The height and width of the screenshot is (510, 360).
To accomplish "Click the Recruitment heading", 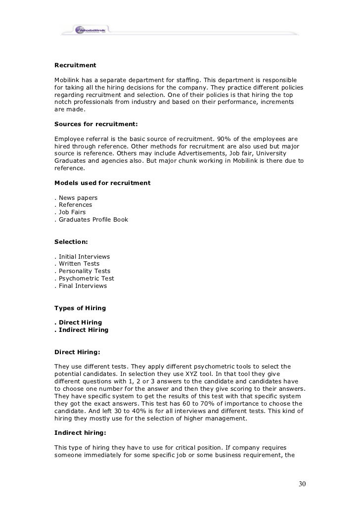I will [75, 65].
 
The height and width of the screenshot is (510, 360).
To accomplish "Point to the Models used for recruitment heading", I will [102, 183].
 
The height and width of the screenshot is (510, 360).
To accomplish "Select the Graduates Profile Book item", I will [91, 220].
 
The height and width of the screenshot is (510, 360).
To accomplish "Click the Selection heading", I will [71, 242].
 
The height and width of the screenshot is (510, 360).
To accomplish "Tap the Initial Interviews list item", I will [83, 257].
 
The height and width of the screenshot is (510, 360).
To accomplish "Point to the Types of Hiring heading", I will [80, 308].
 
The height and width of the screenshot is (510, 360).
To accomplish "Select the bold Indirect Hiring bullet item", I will [82, 330].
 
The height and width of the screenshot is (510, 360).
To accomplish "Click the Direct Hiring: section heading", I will [77, 352].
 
